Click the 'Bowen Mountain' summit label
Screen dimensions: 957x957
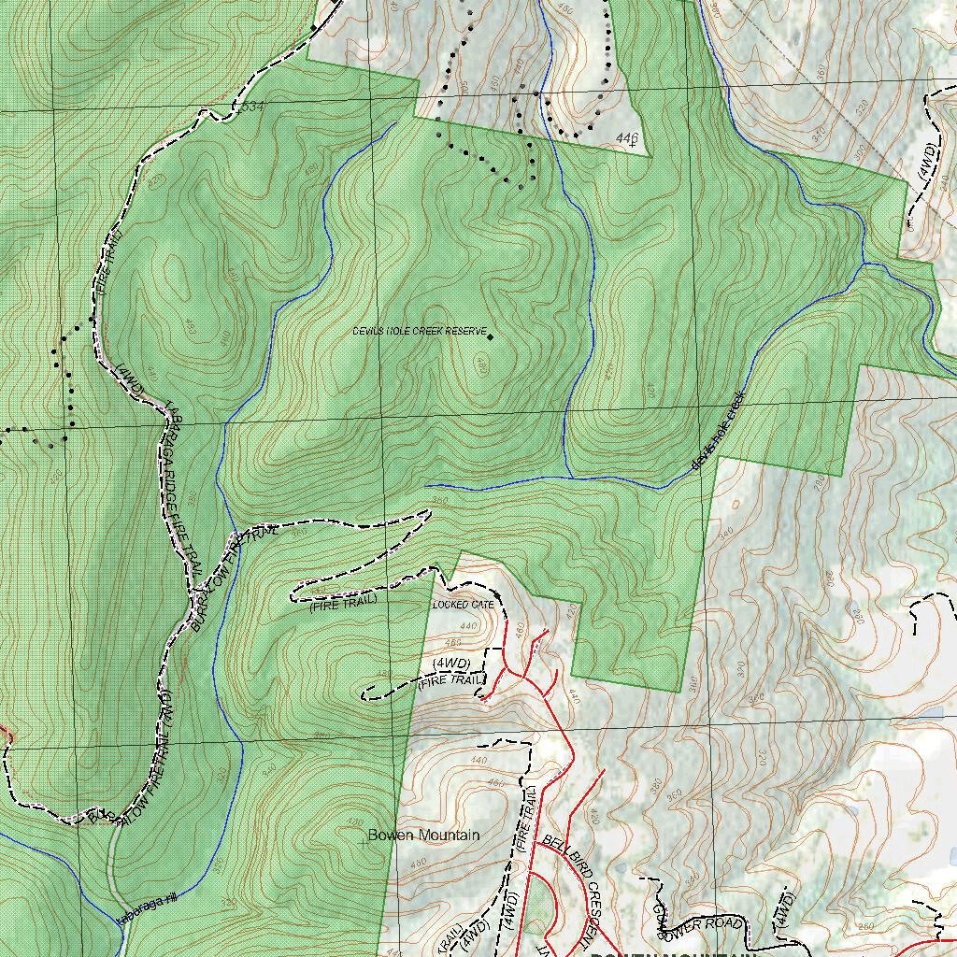(x=423, y=835)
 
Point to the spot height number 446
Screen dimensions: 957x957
(x=627, y=137)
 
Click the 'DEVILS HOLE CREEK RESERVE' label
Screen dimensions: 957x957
(x=420, y=332)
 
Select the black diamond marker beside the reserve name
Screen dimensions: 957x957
(x=490, y=336)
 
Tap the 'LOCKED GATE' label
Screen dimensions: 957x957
(x=464, y=606)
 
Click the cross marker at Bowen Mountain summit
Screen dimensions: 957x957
(x=364, y=842)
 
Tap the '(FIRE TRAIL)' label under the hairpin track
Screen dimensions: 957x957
(x=343, y=603)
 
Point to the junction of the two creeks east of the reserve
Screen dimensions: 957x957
(x=866, y=264)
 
